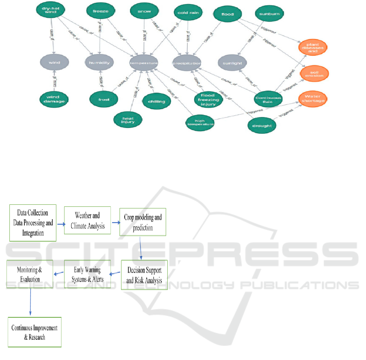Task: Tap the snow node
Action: pyautogui.click(x=144, y=12)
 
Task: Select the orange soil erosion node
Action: pyautogui.click(x=314, y=75)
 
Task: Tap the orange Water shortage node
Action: pyautogui.click(x=314, y=99)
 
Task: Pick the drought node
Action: pyautogui.click(x=262, y=126)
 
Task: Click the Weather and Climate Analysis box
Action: pyautogui.click(x=87, y=221)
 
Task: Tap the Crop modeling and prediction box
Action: pyautogui.click(x=143, y=223)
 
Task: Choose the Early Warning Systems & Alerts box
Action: pyautogui.click(x=87, y=274)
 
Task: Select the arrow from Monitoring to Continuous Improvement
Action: pyautogui.click(x=30, y=301)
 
